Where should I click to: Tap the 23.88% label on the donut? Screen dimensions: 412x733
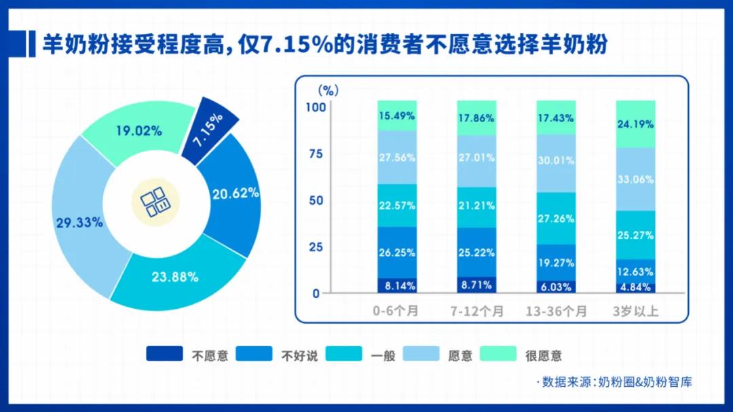coord(175,276)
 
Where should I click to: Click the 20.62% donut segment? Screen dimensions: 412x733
coord(234,193)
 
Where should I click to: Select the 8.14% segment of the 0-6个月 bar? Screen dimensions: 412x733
coord(397,286)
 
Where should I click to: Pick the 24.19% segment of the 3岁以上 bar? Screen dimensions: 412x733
coord(635,124)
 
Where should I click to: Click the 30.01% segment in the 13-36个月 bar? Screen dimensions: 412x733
coord(556,162)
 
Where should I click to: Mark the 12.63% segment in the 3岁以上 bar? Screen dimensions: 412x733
coord(635,270)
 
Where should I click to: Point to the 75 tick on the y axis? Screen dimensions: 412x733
coord(315,154)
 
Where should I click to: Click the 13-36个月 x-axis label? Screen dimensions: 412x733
coord(556,312)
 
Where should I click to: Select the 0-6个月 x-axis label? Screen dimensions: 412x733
coord(396,312)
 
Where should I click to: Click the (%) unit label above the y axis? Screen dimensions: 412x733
coord(328,89)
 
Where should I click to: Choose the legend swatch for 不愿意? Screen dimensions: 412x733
coord(164,354)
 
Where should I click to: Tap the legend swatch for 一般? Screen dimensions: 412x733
coord(344,354)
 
